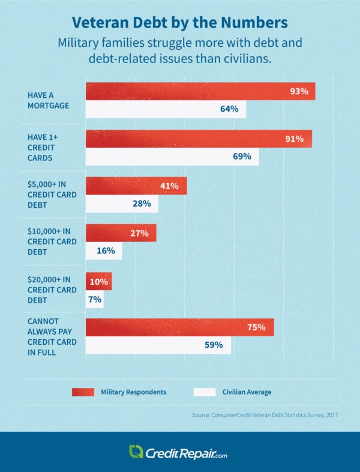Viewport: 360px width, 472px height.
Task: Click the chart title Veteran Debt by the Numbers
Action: pos(180,22)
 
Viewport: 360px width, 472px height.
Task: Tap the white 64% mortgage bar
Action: pos(166,109)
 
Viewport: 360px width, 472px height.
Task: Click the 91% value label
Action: pos(294,139)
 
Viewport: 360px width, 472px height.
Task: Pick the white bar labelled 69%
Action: pos(172,157)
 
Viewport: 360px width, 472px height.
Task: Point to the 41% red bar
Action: pos(136,186)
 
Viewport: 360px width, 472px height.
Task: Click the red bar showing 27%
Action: pos(121,233)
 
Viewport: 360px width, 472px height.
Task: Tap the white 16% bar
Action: pos(103,250)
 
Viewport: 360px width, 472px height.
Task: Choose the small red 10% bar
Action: pos(98,281)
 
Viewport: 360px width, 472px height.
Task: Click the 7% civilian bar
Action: pos(94,298)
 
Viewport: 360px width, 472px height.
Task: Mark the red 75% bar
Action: pos(179,328)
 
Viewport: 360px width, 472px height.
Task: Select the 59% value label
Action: pos(214,345)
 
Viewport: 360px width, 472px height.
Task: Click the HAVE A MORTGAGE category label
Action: pos(48,100)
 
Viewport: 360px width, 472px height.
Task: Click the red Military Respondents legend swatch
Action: pos(83,392)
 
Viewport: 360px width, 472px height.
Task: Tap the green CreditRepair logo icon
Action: pos(136,452)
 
